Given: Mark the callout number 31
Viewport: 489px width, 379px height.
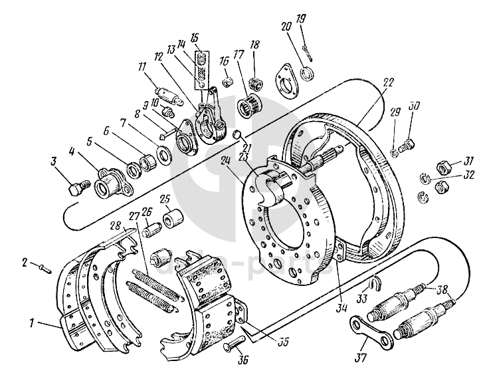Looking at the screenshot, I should (469, 160).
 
